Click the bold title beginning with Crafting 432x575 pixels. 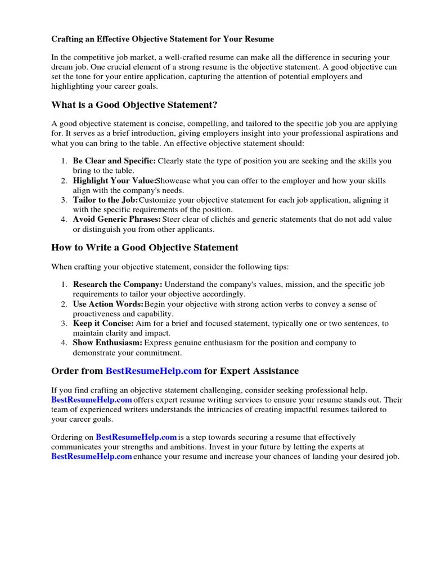click(163, 39)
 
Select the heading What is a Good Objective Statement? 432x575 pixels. click(134, 105)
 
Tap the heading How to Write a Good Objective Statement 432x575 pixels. click(145, 248)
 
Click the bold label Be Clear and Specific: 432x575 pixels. click(114, 161)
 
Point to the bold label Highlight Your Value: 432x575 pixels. click(114, 181)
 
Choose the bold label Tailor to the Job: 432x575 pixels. click(105, 200)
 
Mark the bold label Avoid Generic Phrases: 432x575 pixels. click(116, 219)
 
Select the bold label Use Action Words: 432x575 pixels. click(107, 304)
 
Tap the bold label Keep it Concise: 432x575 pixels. click(103, 324)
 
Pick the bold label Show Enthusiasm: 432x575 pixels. click(107, 343)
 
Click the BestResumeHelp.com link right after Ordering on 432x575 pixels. click(136, 437)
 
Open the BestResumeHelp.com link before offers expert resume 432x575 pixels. click(91, 400)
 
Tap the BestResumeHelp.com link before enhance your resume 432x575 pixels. click(91, 457)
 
